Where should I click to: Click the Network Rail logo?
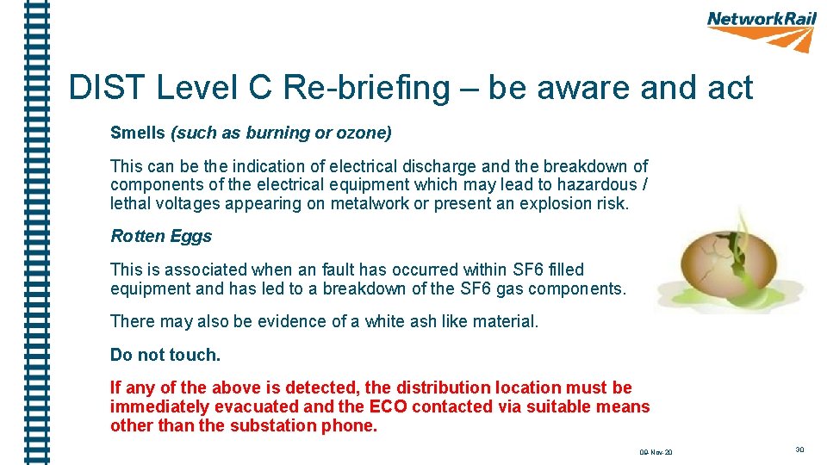[762, 31]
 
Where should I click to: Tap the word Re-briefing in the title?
[367, 88]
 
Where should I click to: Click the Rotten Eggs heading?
[161, 236]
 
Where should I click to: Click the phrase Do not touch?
[165, 355]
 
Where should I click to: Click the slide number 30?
[799, 449]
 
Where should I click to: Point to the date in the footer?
[656, 452]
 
